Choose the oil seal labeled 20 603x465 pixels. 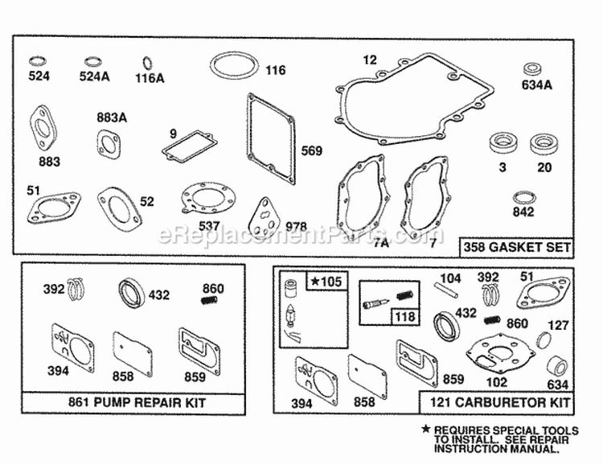[544, 146]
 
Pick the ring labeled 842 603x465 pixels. [523, 198]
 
